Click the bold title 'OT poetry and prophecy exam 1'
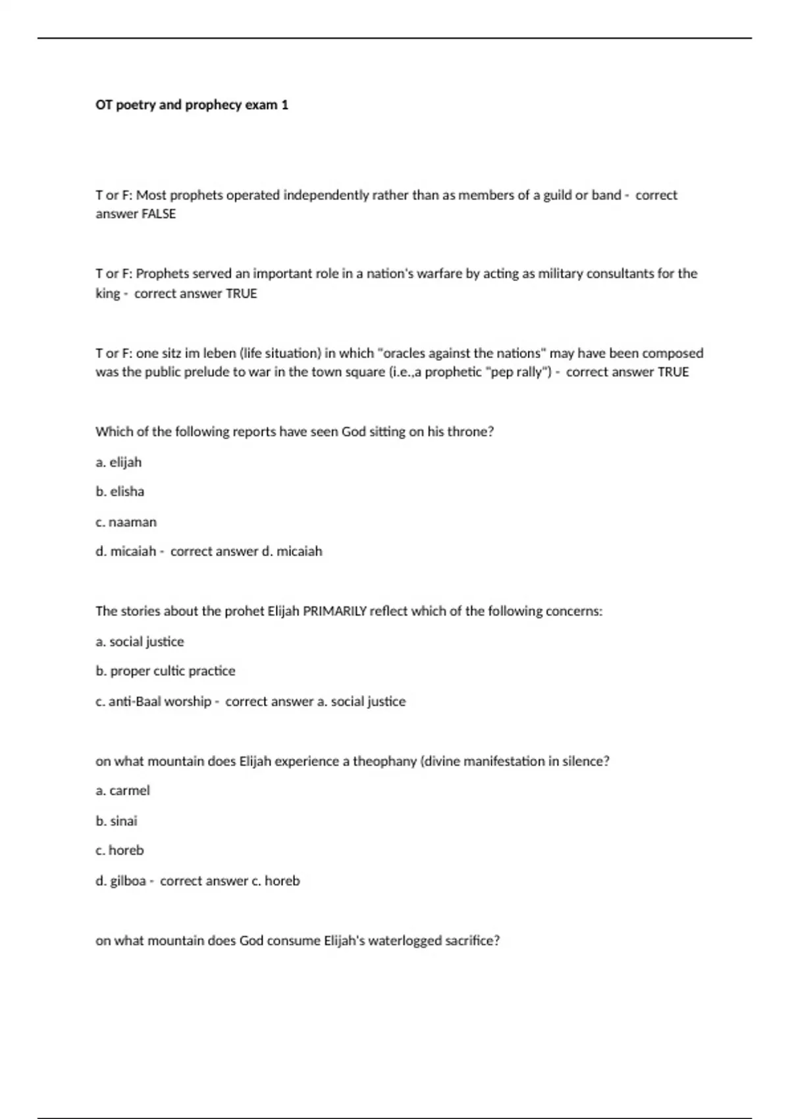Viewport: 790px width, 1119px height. tap(192, 105)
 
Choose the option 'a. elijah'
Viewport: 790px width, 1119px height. tap(118, 462)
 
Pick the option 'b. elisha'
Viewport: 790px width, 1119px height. tap(120, 492)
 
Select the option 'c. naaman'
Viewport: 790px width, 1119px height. tap(126, 522)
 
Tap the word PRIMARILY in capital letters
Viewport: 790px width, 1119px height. tap(334, 611)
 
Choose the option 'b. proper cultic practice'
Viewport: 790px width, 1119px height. tap(165, 671)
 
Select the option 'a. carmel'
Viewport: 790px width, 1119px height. tap(122, 791)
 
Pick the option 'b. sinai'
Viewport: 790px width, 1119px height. tap(117, 821)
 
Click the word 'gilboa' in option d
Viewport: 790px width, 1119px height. tap(128, 881)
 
